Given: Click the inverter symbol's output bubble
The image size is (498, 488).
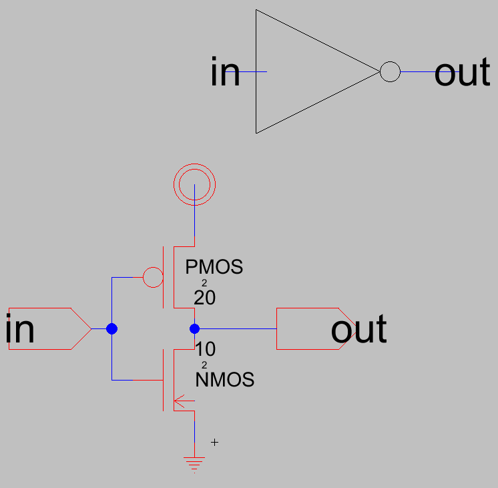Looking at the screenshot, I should pyautogui.click(x=390, y=72).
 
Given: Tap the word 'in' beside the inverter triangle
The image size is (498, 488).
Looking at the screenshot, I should pyautogui.click(x=225, y=72).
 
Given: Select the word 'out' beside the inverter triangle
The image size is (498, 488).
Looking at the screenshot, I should pyautogui.click(x=462, y=73).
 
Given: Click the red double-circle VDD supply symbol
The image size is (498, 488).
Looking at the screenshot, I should pyautogui.click(x=194, y=182).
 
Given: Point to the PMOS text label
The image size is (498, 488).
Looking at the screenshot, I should pyautogui.click(x=214, y=268).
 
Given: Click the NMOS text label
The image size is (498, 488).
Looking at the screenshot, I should pyautogui.click(x=225, y=381).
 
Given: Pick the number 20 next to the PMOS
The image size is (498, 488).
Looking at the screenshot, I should pyautogui.click(x=204, y=298).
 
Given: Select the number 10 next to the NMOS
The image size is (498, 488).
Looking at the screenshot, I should pyautogui.click(x=205, y=349).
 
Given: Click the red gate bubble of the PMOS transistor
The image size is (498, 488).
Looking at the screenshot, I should pyautogui.click(x=154, y=277).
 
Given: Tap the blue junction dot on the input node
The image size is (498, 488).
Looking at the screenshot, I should pyautogui.click(x=111, y=328).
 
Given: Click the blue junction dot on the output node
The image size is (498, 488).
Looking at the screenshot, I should pyautogui.click(x=194, y=328).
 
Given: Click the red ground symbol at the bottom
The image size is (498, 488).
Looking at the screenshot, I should pyautogui.click(x=194, y=463).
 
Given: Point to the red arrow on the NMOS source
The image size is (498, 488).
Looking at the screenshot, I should pyautogui.click(x=183, y=401).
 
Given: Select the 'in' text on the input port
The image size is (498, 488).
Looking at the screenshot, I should pyautogui.click(x=20, y=330).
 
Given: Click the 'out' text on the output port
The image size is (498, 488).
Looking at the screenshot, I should pyautogui.click(x=358, y=330).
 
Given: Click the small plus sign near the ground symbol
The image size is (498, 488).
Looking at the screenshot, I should pyautogui.click(x=214, y=442).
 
